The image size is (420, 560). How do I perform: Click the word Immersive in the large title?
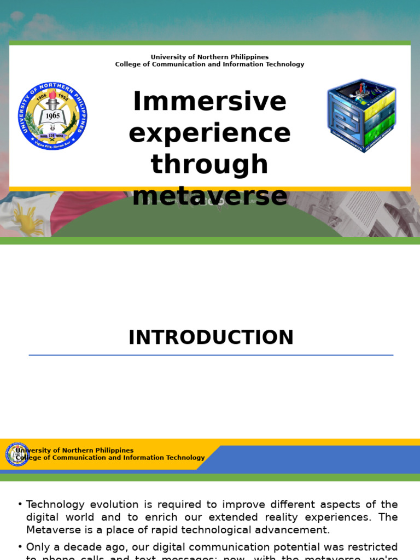pos(209,102)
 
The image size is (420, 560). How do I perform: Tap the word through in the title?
pos(209,165)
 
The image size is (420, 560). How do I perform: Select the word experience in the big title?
pos(209,133)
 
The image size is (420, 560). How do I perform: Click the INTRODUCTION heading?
pos(211,338)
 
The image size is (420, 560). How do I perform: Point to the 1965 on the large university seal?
pos(52,116)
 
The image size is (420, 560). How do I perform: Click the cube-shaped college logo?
pos(361,115)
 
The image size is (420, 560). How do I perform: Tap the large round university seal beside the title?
pos(52,116)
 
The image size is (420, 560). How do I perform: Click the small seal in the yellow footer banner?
pos(17,454)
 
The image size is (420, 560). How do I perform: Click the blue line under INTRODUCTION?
pos(211,355)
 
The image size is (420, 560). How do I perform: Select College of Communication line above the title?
pos(209,65)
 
